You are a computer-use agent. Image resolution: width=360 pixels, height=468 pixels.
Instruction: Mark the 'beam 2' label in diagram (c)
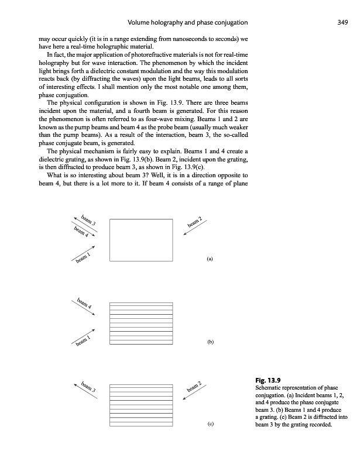pyautogui.click(x=196, y=387)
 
